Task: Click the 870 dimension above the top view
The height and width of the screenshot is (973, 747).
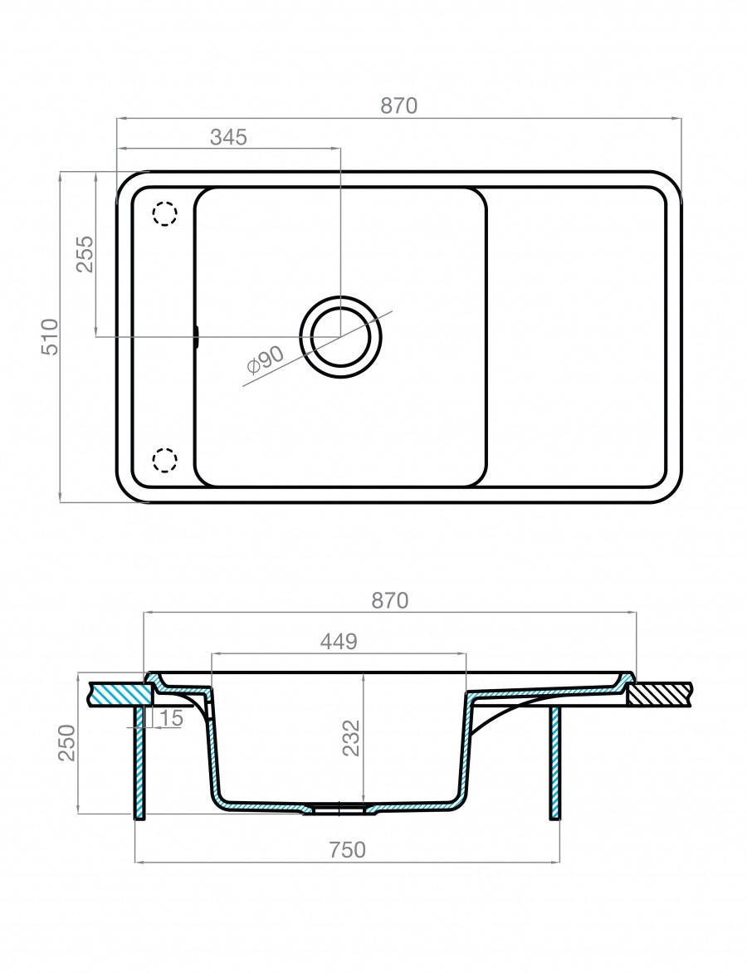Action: (x=399, y=106)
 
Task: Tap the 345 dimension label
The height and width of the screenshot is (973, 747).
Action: (x=228, y=137)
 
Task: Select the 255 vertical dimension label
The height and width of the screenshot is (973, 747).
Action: (x=85, y=254)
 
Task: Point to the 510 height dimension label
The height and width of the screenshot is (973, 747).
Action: (x=49, y=336)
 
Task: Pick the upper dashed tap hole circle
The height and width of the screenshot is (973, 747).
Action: (x=164, y=214)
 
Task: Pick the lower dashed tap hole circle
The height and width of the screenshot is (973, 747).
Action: (x=164, y=460)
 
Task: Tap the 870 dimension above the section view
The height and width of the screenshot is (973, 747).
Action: (x=389, y=601)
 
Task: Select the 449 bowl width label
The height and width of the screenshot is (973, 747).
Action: (x=339, y=641)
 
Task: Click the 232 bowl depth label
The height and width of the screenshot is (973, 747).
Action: (x=352, y=738)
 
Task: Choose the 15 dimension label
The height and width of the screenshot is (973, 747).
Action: (x=171, y=719)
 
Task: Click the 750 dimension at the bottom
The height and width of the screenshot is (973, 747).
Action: (x=347, y=849)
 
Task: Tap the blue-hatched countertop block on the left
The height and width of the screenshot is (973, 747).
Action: (x=121, y=693)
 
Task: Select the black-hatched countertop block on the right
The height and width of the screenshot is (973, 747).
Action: (x=660, y=694)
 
